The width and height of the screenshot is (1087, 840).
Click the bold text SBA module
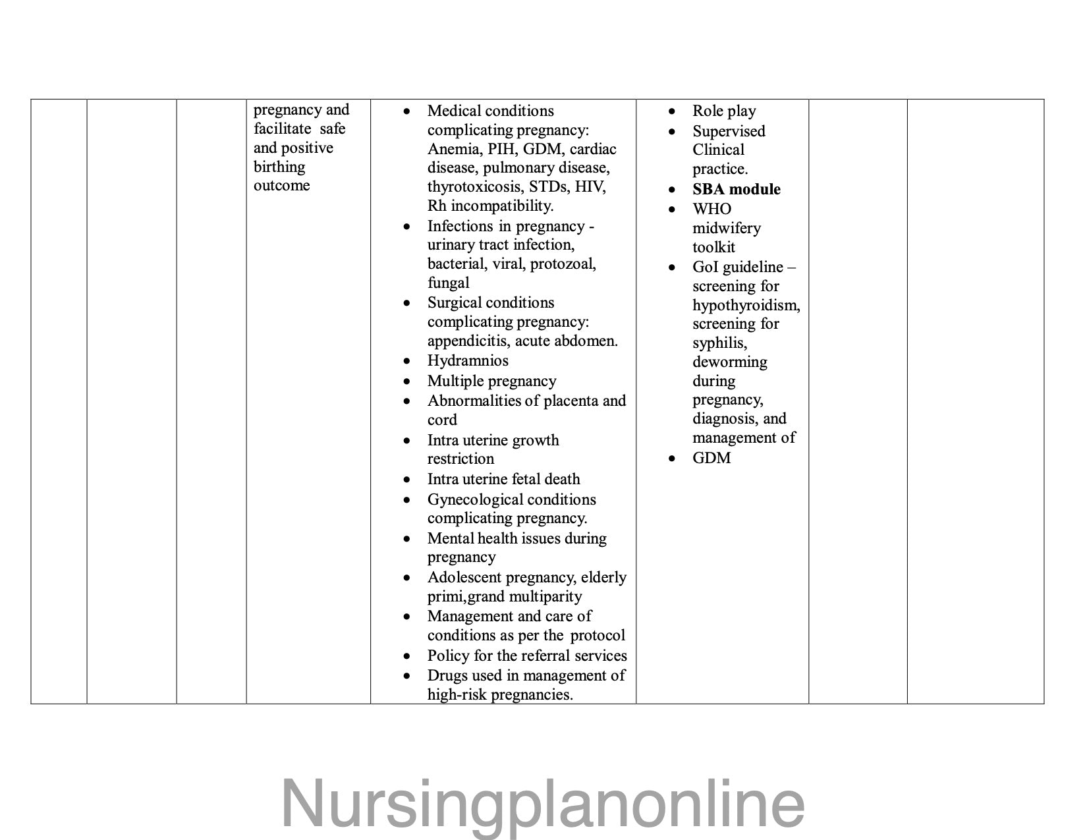(x=736, y=189)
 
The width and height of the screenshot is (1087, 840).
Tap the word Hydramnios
(x=468, y=360)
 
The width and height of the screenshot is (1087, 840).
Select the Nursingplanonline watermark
(x=543, y=804)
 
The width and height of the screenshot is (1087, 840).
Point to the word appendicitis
(x=468, y=341)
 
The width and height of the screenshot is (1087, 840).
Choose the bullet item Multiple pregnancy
(x=491, y=381)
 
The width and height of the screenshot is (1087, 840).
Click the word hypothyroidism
(x=746, y=305)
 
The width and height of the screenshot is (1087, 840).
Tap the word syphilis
(x=719, y=343)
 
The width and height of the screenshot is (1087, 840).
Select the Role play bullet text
(x=724, y=111)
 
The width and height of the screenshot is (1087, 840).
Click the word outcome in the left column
(x=281, y=185)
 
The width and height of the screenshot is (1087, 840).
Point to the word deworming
(x=729, y=362)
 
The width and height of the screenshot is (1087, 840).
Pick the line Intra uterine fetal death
(x=503, y=479)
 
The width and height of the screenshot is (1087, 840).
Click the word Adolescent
(x=468, y=577)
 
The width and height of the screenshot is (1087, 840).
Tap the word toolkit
(x=713, y=247)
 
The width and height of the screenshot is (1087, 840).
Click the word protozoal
(x=563, y=264)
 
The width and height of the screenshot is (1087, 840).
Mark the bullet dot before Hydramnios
(x=408, y=361)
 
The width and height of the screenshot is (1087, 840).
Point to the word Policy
(x=447, y=656)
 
